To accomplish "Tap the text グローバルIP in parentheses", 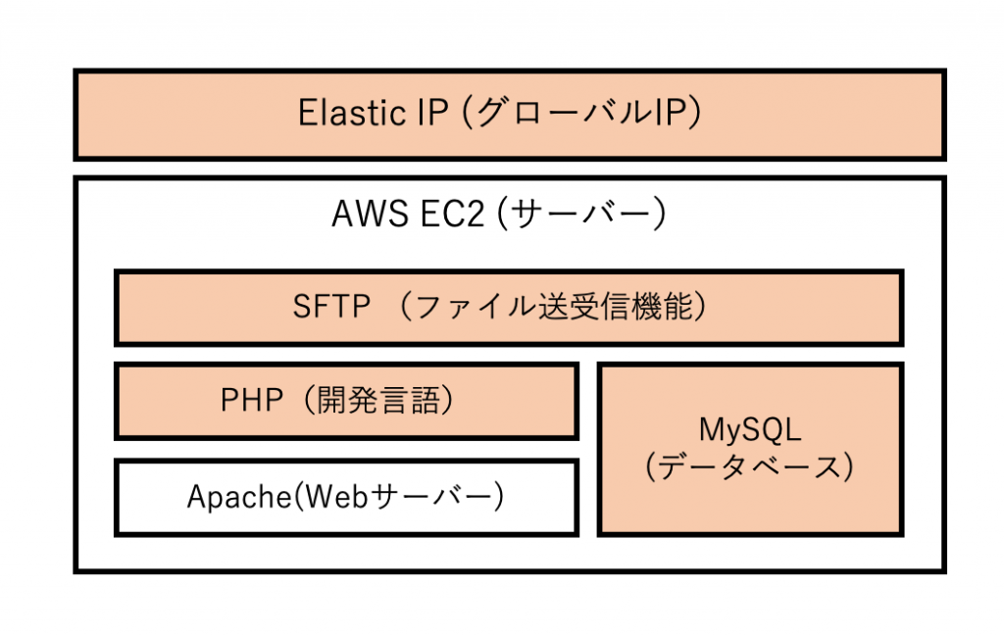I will [579, 114].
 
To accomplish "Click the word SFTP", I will [331, 308].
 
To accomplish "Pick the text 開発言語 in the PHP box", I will [376, 401].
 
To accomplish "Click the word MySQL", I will [750, 429].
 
